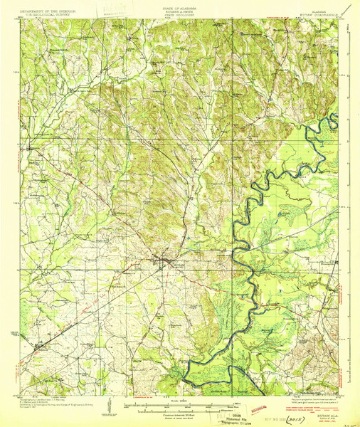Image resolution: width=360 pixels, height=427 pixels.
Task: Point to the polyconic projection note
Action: pos(313,403)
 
